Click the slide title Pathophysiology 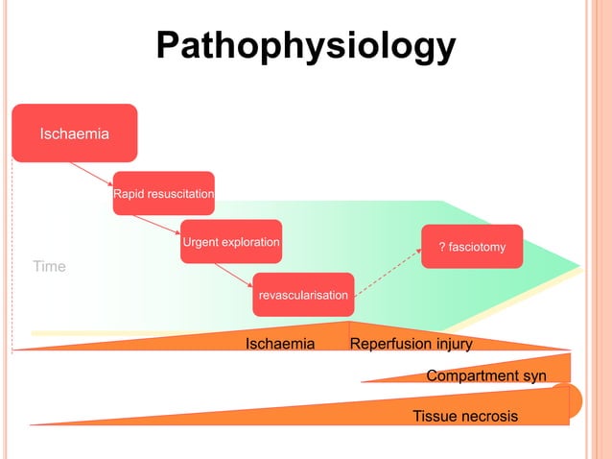click(x=305, y=45)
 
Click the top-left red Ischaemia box click(x=74, y=133)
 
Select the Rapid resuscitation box click(x=163, y=194)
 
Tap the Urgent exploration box click(x=231, y=242)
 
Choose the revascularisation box click(x=302, y=295)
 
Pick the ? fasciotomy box click(x=472, y=247)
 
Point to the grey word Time click(x=50, y=266)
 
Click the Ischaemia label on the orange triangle click(x=280, y=344)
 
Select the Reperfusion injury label click(x=411, y=344)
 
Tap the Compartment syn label click(x=486, y=375)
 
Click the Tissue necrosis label click(x=465, y=416)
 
